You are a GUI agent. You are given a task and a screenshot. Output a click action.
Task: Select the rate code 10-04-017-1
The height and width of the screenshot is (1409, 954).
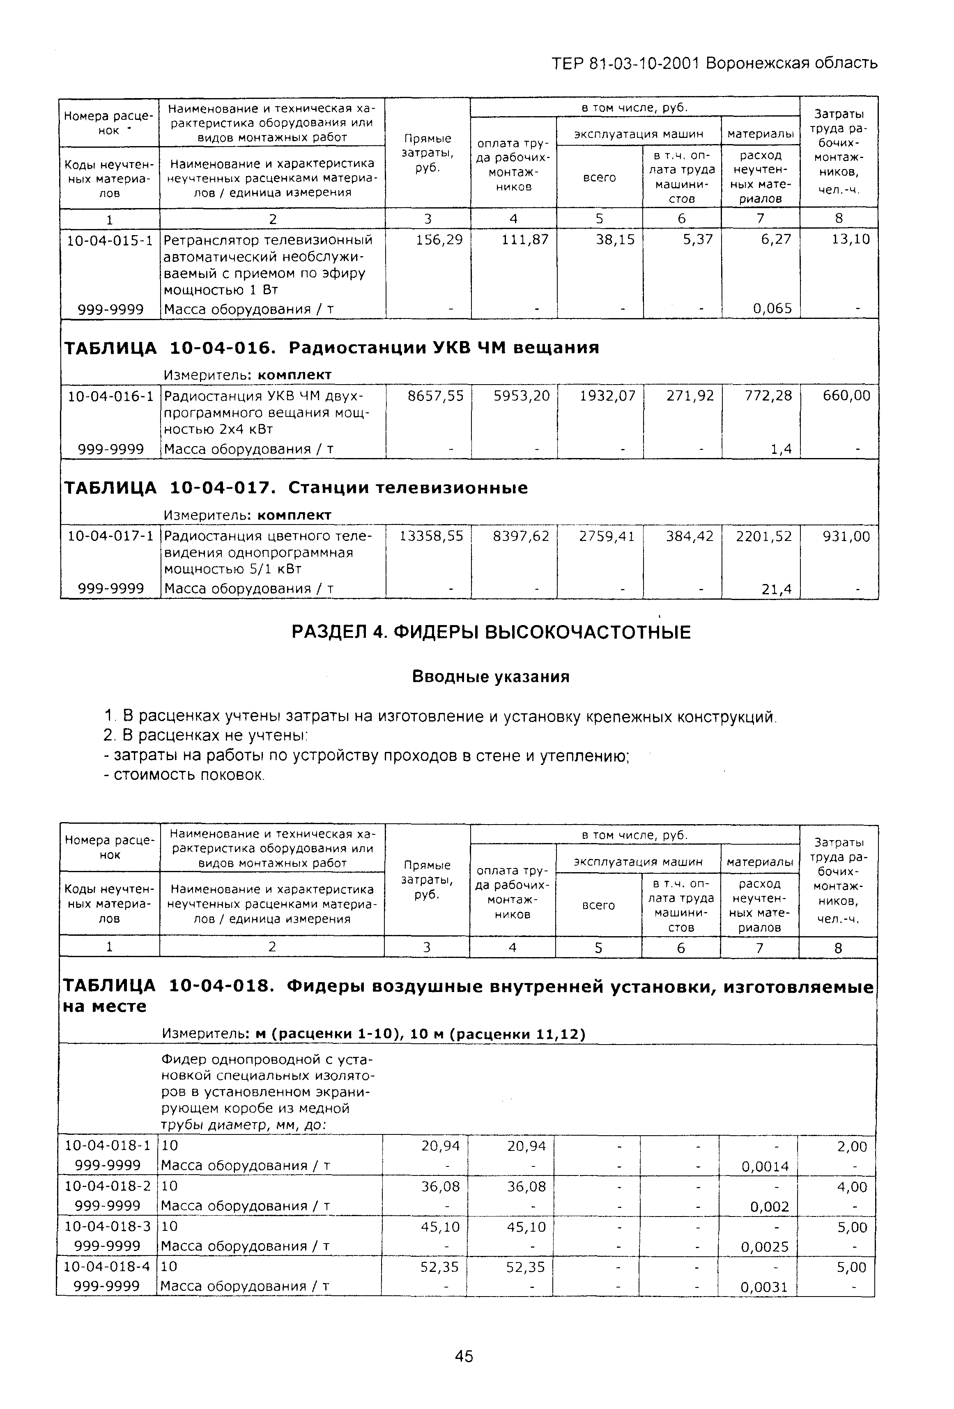tap(110, 536)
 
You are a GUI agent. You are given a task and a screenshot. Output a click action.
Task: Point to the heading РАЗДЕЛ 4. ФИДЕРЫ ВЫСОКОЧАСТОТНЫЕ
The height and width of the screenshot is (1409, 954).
tap(491, 632)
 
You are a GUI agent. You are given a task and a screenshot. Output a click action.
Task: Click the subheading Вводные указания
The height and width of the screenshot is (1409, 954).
tap(491, 676)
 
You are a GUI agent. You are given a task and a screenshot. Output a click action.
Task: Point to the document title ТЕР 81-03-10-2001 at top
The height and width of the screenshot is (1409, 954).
tap(625, 63)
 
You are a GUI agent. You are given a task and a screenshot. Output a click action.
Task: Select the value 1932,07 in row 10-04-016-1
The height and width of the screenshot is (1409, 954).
tap(607, 396)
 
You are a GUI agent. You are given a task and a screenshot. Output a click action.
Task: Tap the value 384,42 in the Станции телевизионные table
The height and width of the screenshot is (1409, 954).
tap(690, 536)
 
